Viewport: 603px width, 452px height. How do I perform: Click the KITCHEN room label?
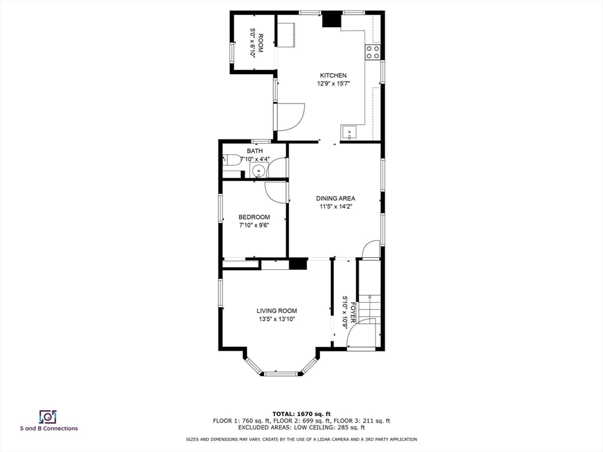[333, 75]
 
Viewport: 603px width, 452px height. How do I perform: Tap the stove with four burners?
[372, 52]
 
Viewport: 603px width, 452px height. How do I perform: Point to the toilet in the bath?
[231, 159]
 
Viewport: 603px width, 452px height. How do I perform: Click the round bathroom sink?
[257, 171]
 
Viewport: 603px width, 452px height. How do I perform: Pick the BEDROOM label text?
[254, 217]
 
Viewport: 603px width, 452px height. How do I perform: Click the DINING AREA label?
[336, 198]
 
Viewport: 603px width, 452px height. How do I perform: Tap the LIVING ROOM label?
[276, 311]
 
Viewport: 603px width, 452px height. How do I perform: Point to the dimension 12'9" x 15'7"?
[333, 84]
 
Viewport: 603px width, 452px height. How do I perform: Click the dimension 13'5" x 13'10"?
[276, 319]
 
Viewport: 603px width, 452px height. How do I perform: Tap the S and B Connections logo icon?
[47, 416]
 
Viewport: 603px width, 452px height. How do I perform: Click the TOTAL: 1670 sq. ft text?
[301, 414]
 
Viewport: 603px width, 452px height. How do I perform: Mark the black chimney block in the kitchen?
[332, 19]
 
